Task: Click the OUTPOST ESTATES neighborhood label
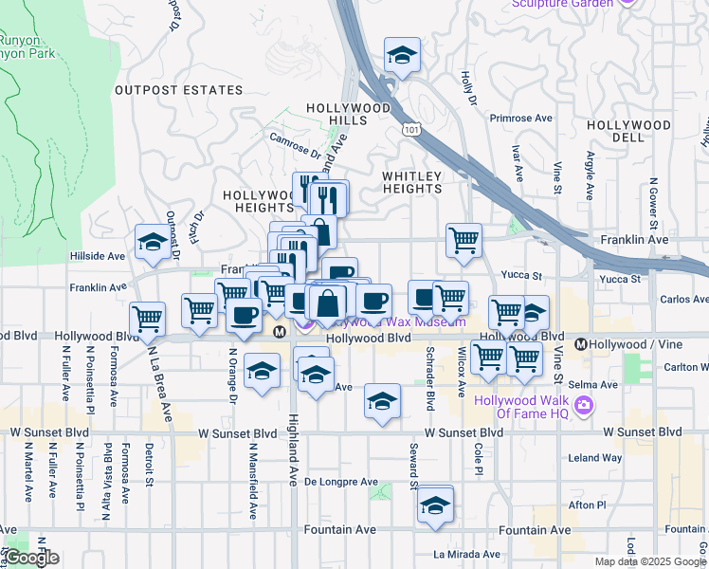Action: pyautogui.click(x=179, y=90)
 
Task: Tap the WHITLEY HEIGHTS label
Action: pyautogui.click(x=412, y=183)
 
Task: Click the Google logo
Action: pyautogui.click(x=30, y=558)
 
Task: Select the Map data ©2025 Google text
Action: pyautogui.click(x=650, y=561)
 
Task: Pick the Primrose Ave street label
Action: pyautogui.click(x=520, y=119)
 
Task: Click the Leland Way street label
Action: pyautogui.click(x=595, y=457)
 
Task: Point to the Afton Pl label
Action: pyautogui.click(x=600, y=505)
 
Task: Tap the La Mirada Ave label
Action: pyautogui.click(x=465, y=554)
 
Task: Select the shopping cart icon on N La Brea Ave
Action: pyautogui.click(x=147, y=318)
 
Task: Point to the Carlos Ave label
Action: pyautogui.click(x=684, y=300)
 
